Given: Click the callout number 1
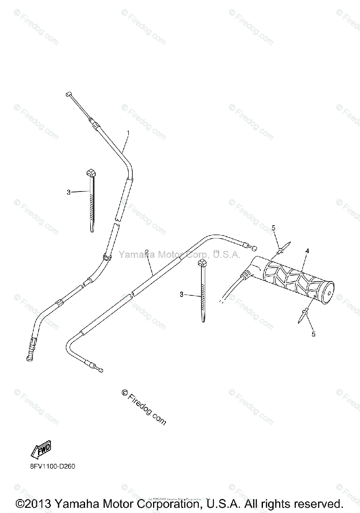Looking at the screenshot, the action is (x=128, y=133).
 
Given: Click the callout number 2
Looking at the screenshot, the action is (x=146, y=252).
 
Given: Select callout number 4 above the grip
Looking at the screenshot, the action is (x=307, y=251).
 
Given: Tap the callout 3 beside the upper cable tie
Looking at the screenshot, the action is (x=68, y=192).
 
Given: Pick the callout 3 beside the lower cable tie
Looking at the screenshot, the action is (x=182, y=295).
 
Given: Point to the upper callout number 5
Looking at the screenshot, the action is (x=274, y=229).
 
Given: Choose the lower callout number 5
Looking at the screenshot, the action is (x=313, y=334).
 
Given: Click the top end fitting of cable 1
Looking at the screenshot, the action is (x=68, y=94).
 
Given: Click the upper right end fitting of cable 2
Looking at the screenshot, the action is (x=254, y=248).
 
